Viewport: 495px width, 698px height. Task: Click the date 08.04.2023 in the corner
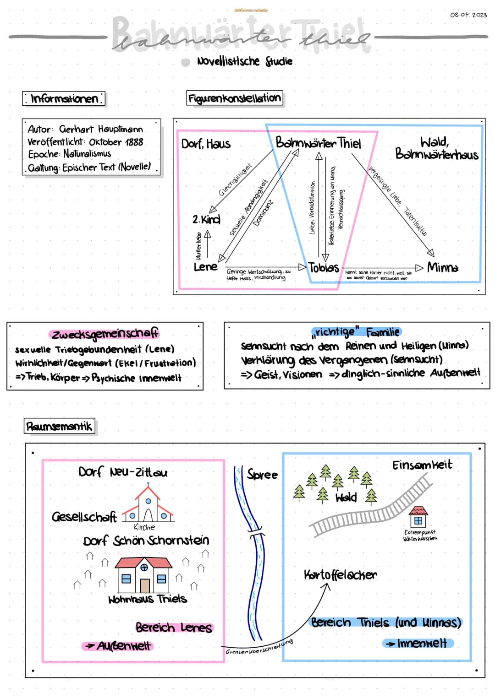[468, 15]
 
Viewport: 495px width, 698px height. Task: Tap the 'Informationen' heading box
[64, 98]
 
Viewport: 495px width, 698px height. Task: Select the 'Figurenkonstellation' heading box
[234, 98]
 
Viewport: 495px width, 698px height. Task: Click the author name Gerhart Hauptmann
[101, 130]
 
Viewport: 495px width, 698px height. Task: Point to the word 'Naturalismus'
[87, 154]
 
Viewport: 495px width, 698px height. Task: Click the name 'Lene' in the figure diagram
[205, 267]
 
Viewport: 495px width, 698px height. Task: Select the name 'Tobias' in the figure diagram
[324, 268]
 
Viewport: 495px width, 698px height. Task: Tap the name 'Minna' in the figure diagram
[442, 267]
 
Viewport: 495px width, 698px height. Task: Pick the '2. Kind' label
[206, 219]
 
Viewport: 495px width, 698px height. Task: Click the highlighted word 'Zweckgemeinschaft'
[105, 334]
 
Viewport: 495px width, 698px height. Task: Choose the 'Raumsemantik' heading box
[60, 427]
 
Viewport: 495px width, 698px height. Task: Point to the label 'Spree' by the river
[262, 475]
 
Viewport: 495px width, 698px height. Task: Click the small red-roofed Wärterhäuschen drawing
[418, 517]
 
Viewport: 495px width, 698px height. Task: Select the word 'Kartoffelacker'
[340, 575]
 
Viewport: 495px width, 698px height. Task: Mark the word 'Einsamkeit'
[422, 465]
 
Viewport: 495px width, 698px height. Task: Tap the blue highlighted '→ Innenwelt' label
[418, 644]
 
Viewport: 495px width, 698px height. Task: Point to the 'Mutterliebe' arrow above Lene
[207, 244]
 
